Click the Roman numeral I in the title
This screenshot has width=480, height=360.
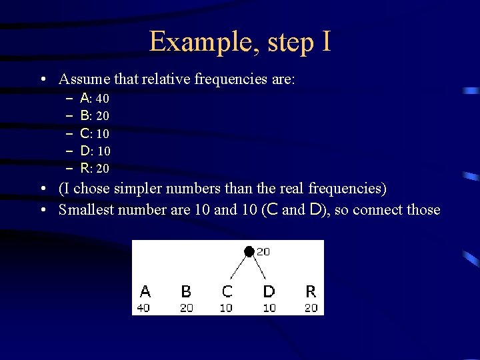[x=325, y=41]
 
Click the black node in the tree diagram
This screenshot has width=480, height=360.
[x=249, y=251]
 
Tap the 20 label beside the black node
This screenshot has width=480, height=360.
[x=263, y=251]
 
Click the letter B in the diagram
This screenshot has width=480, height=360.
[x=186, y=291]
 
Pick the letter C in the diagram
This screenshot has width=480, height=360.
[x=227, y=291]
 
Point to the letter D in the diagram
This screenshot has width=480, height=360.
[x=269, y=291]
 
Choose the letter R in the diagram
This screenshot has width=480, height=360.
[x=311, y=291]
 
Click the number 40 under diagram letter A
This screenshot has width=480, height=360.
[x=144, y=308]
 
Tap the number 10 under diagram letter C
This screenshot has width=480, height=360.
[x=227, y=308]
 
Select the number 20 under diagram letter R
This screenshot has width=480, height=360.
[x=311, y=308]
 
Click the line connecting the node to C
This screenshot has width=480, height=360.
[x=238, y=267]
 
